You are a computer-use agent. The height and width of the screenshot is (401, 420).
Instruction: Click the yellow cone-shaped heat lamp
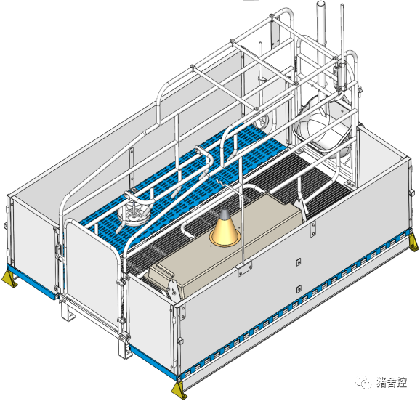225,230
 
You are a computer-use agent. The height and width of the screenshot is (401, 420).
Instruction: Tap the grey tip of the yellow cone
224,214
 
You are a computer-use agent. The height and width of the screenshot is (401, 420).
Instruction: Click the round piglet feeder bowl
134,211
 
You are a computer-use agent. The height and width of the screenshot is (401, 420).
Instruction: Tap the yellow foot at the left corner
9,279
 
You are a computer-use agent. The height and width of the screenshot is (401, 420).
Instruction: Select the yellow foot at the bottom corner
179,391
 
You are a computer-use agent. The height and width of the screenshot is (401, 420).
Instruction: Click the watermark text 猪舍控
392,382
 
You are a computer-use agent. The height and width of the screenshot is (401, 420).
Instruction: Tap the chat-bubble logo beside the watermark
363,383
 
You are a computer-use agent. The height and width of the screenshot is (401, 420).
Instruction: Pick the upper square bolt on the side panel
299,262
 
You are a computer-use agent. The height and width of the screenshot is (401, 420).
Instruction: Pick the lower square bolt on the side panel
299,289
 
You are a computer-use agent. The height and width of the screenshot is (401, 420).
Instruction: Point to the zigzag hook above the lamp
220,183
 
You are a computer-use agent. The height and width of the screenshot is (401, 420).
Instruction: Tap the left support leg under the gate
67,311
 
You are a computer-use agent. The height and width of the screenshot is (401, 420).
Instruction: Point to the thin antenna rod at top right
342,35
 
